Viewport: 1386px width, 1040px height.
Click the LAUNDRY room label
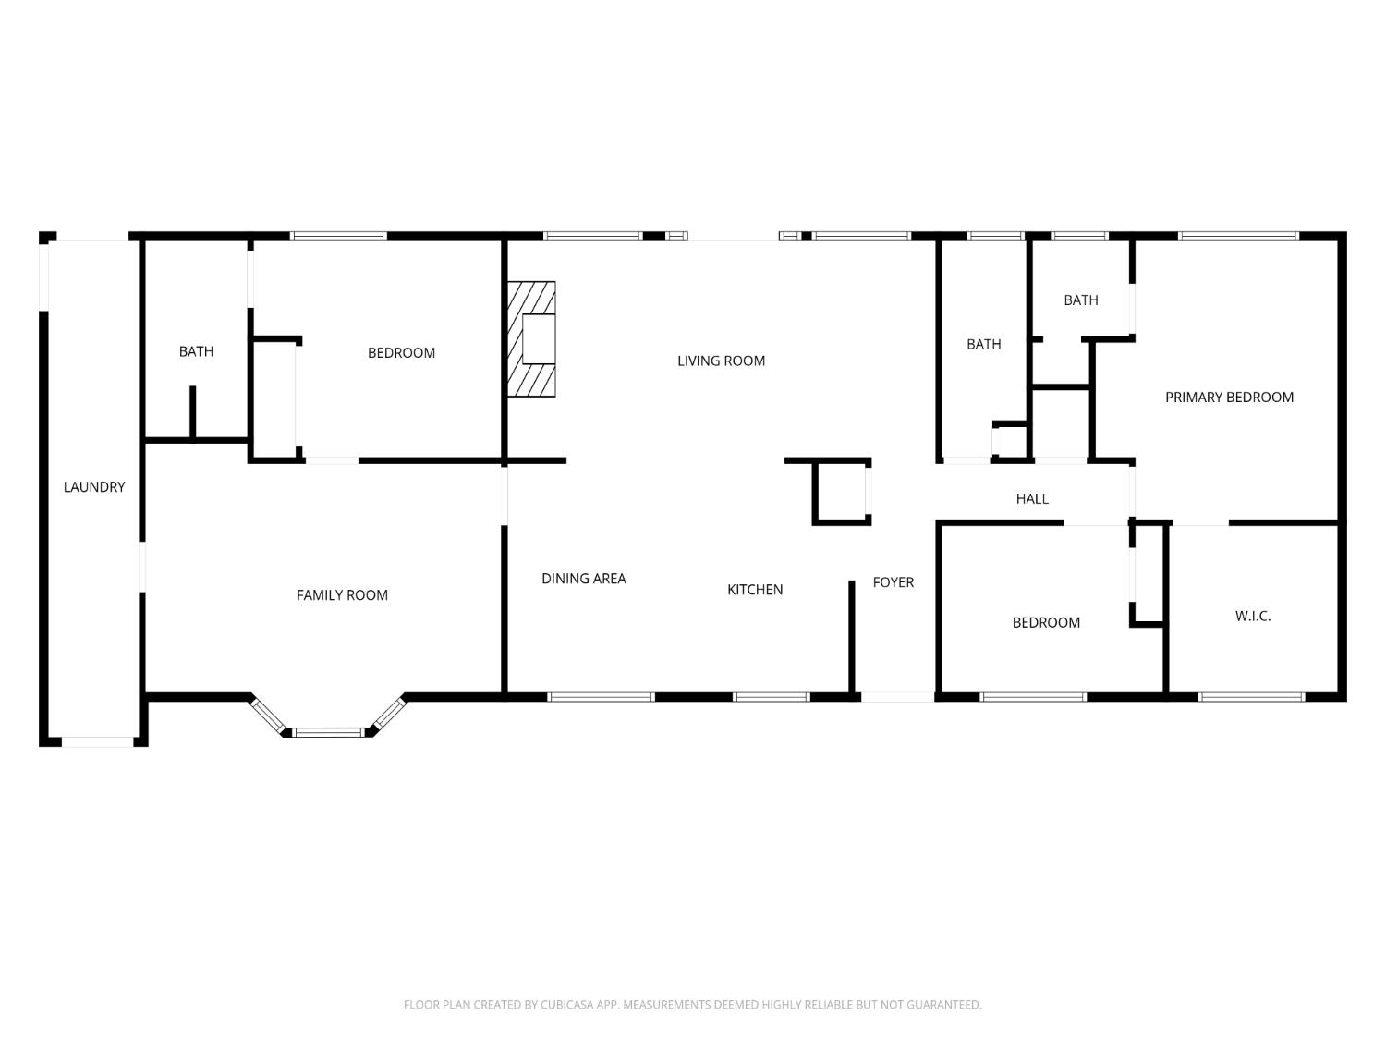pyautogui.click(x=93, y=487)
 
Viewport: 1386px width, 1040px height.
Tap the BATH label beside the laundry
pyautogui.click(x=196, y=351)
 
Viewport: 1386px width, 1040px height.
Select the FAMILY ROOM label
pyautogui.click(x=342, y=595)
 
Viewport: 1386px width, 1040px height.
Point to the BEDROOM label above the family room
pyautogui.click(x=401, y=353)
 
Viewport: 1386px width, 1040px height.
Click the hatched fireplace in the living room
pyautogui.click(x=532, y=339)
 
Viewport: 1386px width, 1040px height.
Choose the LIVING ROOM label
pyautogui.click(x=721, y=361)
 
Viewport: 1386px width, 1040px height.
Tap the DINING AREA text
pyautogui.click(x=583, y=579)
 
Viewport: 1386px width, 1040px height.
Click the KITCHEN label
pyautogui.click(x=755, y=590)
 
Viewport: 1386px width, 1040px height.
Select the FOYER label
pyautogui.click(x=893, y=582)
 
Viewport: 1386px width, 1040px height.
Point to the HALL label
pyautogui.click(x=1032, y=499)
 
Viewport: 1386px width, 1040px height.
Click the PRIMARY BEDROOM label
pyautogui.click(x=1229, y=398)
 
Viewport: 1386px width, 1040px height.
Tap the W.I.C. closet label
pyautogui.click(x=1253, y=616)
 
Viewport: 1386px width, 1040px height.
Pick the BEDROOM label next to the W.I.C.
pyautogui.click(x=1046, y=623)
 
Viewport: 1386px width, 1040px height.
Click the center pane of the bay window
pyautogui.click(x=329, y=733)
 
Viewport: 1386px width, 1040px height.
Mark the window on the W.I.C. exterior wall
pyautogui.click(x=1251, y=697)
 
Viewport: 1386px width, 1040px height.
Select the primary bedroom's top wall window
pyautogui.click(x=1238, y=237)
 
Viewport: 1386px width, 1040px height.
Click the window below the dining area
pyautogui.click(x=601, y=697)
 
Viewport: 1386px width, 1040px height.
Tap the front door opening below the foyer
pyautogui.click(x=896, y=697)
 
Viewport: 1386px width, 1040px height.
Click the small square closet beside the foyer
pyautogui.click(x=841, y=492)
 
